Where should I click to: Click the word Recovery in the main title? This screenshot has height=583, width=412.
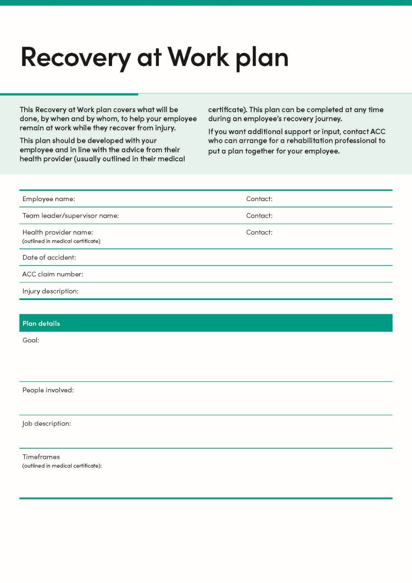pos(72,57)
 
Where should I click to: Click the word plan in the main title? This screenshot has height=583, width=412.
pos(262,57)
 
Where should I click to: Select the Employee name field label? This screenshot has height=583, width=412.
pos(48,199)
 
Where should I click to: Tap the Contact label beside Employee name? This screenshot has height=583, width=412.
pos(259,199)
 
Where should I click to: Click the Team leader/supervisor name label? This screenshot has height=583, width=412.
pos(70,215)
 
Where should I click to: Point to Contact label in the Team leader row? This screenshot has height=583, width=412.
pos(259,215)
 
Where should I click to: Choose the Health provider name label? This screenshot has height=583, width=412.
pos(58,232)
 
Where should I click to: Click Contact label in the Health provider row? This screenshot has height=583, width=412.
pos(259,232)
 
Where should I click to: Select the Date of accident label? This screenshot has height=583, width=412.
pos(49,257)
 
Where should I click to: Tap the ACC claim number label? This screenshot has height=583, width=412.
pos(53,274)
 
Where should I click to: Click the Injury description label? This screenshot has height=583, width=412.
pos(50,291)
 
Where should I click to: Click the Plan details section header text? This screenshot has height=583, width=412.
pos(41,323)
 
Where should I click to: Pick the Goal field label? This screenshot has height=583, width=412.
pos(31,340)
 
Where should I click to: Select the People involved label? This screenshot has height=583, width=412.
pos(48,390)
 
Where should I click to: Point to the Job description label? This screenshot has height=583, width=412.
pos(47,424)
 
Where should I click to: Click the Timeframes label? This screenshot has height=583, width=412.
pos(41,457)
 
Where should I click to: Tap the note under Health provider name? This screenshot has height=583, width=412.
pos(61,241)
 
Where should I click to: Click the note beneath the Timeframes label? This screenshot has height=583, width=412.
pos(62,466)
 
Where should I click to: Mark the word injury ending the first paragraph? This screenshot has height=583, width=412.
pos(164,128)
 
